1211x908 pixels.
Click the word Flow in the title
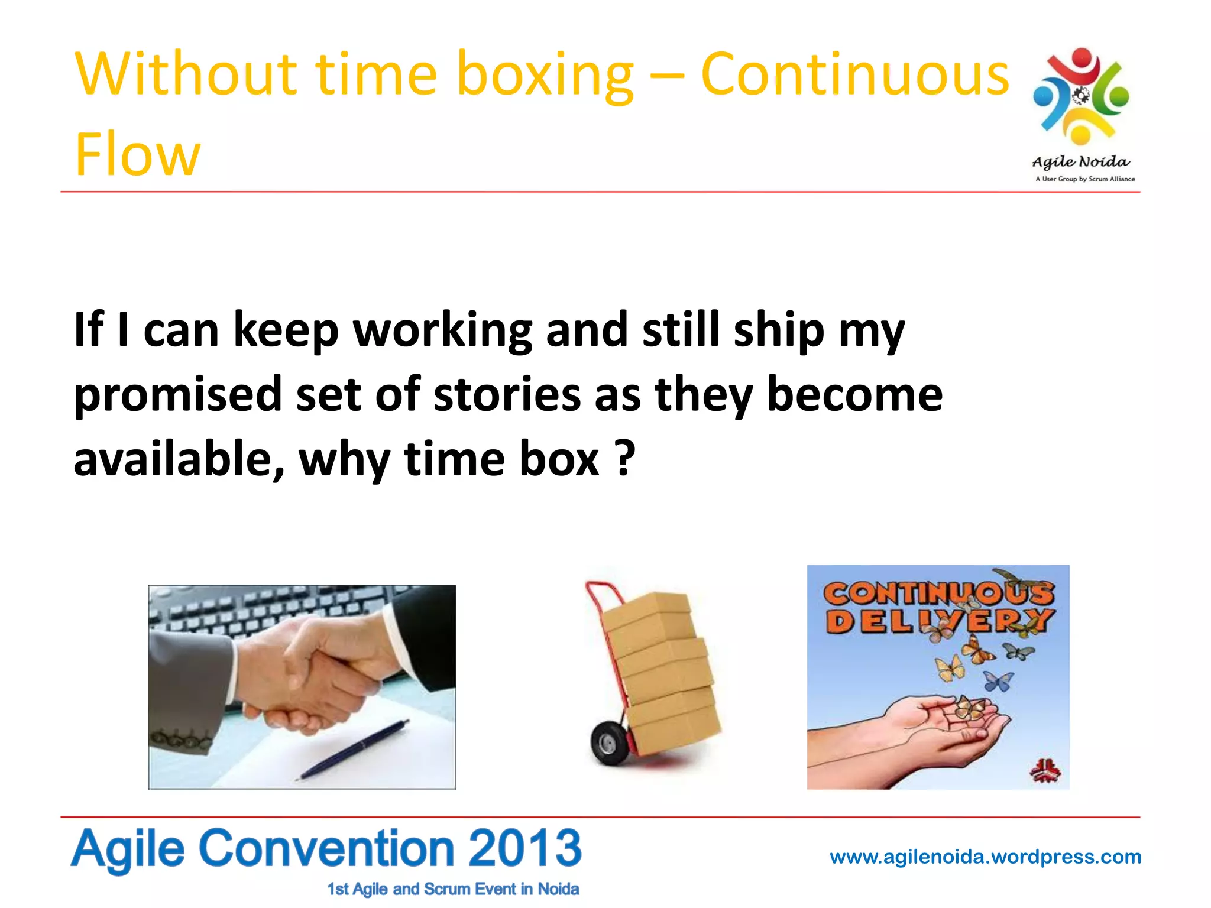(137, 155)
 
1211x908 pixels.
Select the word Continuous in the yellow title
(854, 75)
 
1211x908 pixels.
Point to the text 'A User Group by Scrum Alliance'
(1085, 179)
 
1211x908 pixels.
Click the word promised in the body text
(177, 395)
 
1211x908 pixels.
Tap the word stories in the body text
(507, 395)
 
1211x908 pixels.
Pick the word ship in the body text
(779, 330)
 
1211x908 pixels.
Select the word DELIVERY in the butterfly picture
(938, 621)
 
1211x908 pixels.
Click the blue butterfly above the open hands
(999, 682)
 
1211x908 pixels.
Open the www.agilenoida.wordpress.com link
(985, 857)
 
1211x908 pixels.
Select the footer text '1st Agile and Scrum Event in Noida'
(453, 889)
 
